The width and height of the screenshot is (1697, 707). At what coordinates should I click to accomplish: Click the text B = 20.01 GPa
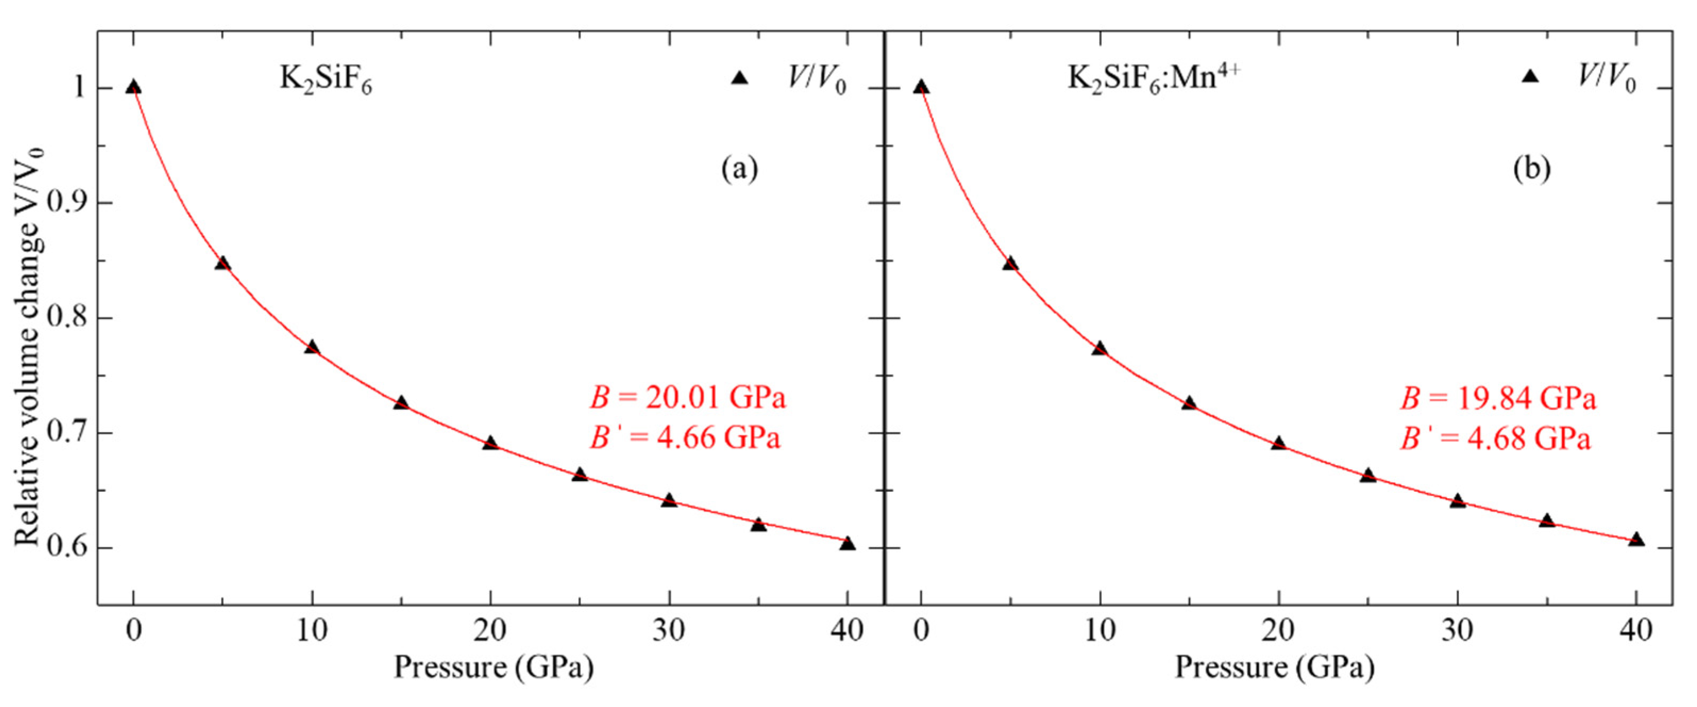tap(687, 398)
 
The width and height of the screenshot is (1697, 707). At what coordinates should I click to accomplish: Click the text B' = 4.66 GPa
tap(685, 438)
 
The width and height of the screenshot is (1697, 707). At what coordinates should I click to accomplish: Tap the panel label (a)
tap(739, 170)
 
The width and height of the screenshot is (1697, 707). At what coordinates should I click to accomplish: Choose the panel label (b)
tap(1531, 170)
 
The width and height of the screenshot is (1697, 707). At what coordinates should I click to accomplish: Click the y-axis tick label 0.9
tap(67, 203)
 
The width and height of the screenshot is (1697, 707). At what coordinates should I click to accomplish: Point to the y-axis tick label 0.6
tap(67, 548)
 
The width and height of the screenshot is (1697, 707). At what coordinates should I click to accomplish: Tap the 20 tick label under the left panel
tap(490, 631)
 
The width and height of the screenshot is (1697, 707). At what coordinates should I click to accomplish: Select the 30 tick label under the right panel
tap(1457, 631)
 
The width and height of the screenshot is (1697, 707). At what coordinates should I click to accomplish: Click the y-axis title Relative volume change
tap(29, 346)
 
